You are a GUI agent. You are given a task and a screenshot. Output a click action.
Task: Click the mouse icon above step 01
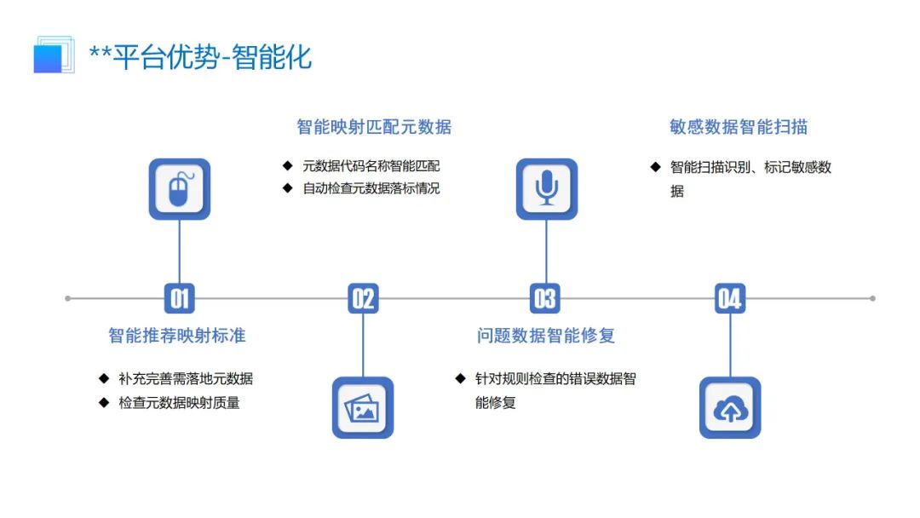coord(179,189)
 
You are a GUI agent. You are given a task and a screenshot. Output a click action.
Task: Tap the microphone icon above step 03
coord(547,189)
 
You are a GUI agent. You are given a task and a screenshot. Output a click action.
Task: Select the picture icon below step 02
coord(363,408)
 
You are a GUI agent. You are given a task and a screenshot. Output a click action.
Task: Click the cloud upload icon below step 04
coord(730,408)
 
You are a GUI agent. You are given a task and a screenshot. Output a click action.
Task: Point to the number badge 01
coord(179,298)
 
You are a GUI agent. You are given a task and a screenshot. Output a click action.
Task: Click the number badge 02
coord(363,298)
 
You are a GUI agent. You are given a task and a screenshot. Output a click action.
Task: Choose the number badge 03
coord(545,298)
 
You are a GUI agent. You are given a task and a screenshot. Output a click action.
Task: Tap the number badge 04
coord(730,298)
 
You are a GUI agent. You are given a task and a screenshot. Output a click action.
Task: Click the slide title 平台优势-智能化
coord(201,57)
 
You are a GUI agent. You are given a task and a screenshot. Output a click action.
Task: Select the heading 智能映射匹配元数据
coord(374,127)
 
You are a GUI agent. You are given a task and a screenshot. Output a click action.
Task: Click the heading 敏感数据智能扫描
coord(739,127)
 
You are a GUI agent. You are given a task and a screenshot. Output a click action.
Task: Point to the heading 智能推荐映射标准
coord(177,336)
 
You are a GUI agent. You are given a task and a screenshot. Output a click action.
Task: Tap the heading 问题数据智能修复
coord(546,336)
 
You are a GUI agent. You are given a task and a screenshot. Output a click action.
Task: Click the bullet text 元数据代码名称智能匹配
coord(371,166)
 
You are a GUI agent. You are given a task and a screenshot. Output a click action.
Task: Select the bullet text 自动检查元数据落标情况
coord(371,188)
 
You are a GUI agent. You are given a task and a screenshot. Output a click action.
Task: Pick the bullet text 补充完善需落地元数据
coord(186,379)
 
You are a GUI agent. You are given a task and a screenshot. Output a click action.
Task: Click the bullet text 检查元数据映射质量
coord(179,402)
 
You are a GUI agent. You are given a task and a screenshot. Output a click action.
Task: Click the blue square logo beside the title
coord(51,55)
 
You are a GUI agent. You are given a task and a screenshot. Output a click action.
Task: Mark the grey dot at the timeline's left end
coord(68,298)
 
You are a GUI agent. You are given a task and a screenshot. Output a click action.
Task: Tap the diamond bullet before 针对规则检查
coord(460,378)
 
